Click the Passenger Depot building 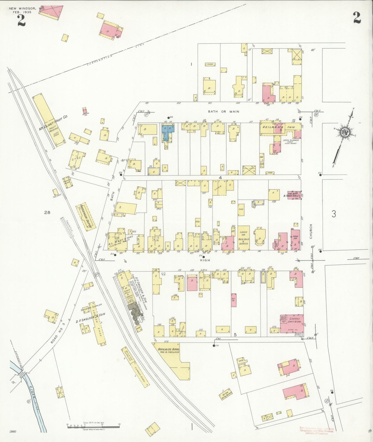pos(86,216)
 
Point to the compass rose pos(344,133)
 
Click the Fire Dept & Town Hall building pos(294,195)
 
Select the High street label pos(205,260)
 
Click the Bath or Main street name pos(224,112)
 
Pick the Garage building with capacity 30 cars pos(292,323)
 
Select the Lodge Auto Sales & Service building pos(244,238)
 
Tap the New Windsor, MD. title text pos(27,9)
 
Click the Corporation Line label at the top pos(100,60)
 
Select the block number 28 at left pos(47,212)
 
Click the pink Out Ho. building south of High pos(234,300)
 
